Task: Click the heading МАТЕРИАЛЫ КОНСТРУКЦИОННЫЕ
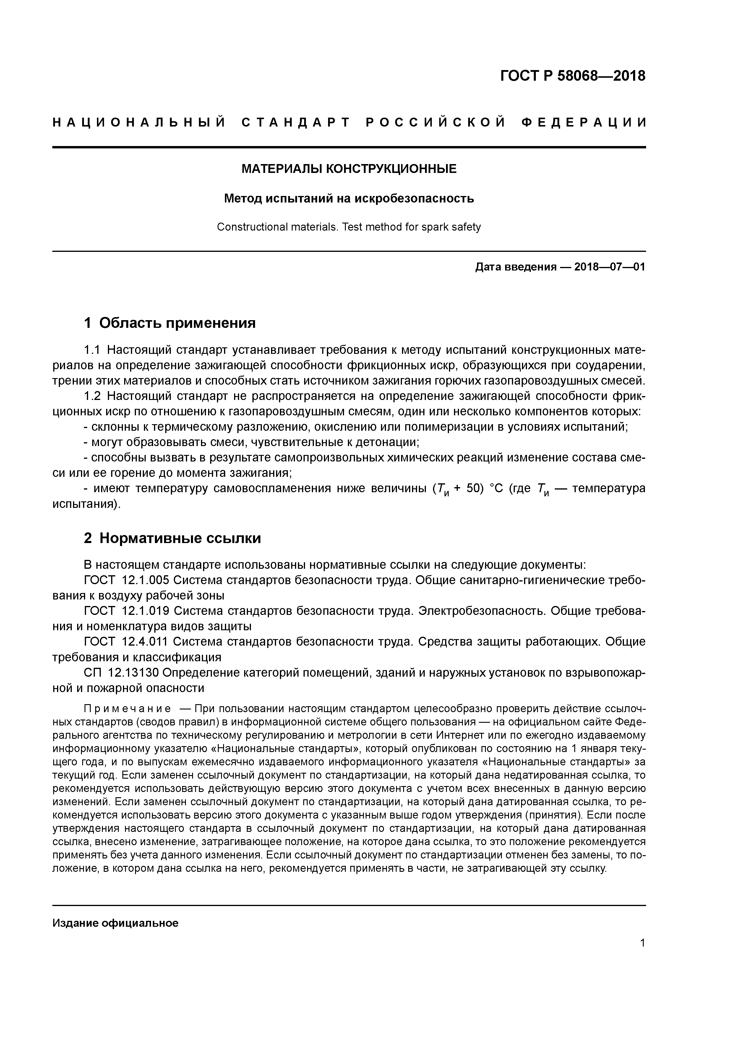click(x=349, y=169)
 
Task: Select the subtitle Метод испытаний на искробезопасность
click(x=349, y=198)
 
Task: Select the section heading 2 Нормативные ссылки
click(x=173, y=538)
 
